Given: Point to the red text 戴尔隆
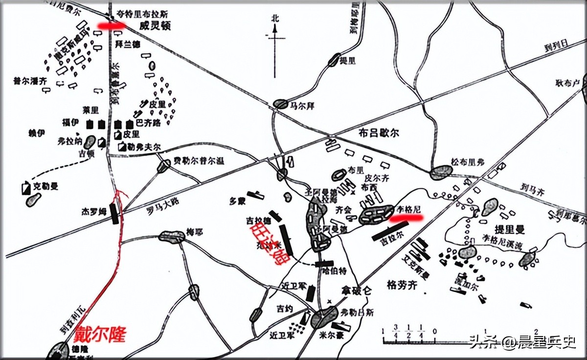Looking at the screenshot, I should [x=100, y=334].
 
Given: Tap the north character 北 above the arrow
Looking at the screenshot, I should [x=275, y=19].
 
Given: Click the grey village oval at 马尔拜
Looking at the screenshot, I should [x=281, y=104].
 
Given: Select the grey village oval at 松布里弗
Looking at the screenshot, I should [x=441, y=172].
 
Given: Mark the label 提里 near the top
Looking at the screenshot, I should [x=348, y=60].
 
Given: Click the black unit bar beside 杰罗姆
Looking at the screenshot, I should [x=114, y=214].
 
